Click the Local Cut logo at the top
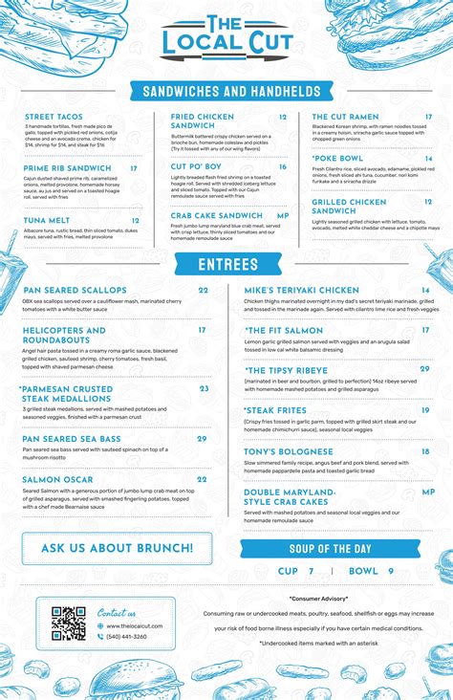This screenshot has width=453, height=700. tap(226, 37)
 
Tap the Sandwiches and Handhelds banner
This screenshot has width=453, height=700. tap(231, 91)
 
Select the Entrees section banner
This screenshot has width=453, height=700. tap(227, 264)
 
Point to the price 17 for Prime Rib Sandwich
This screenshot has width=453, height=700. tap(134, 168)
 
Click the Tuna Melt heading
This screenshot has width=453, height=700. tap(47, 220)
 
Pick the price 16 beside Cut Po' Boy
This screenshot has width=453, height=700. tap(283, 166)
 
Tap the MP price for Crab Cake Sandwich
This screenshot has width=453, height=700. tap(283, 216)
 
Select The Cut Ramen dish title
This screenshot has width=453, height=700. tap(345, 117)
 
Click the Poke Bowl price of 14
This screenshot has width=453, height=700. tap(429, 159)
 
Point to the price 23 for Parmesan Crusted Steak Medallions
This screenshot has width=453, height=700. tap(205, 388)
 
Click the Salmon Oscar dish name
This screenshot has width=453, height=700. tap(57, 479)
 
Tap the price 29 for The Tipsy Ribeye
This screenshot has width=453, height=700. tap(425, 369)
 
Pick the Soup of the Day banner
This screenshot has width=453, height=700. tap(330, 548)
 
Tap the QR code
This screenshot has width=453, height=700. tap(69, 623)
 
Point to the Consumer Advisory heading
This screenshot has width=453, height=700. tap(318, 598)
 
